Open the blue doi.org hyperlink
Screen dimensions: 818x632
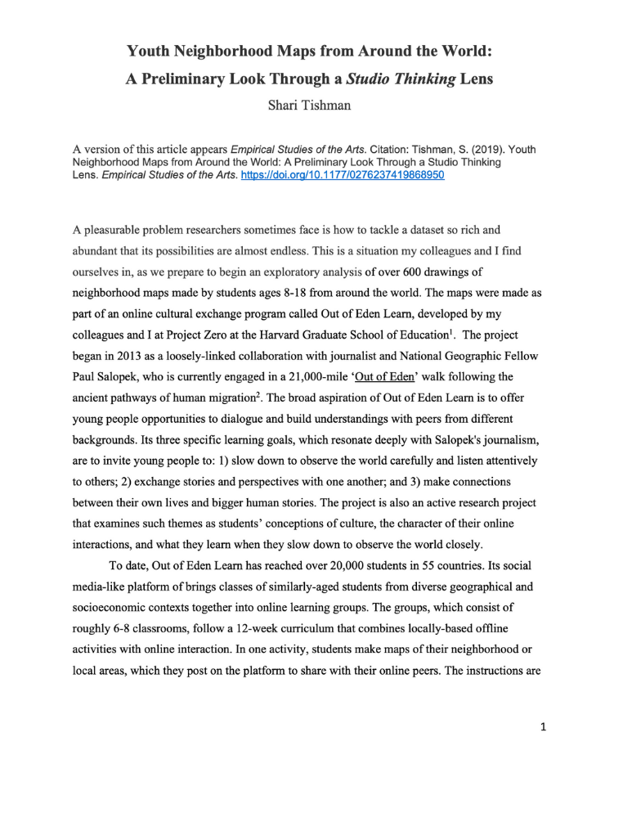(343, 175)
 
